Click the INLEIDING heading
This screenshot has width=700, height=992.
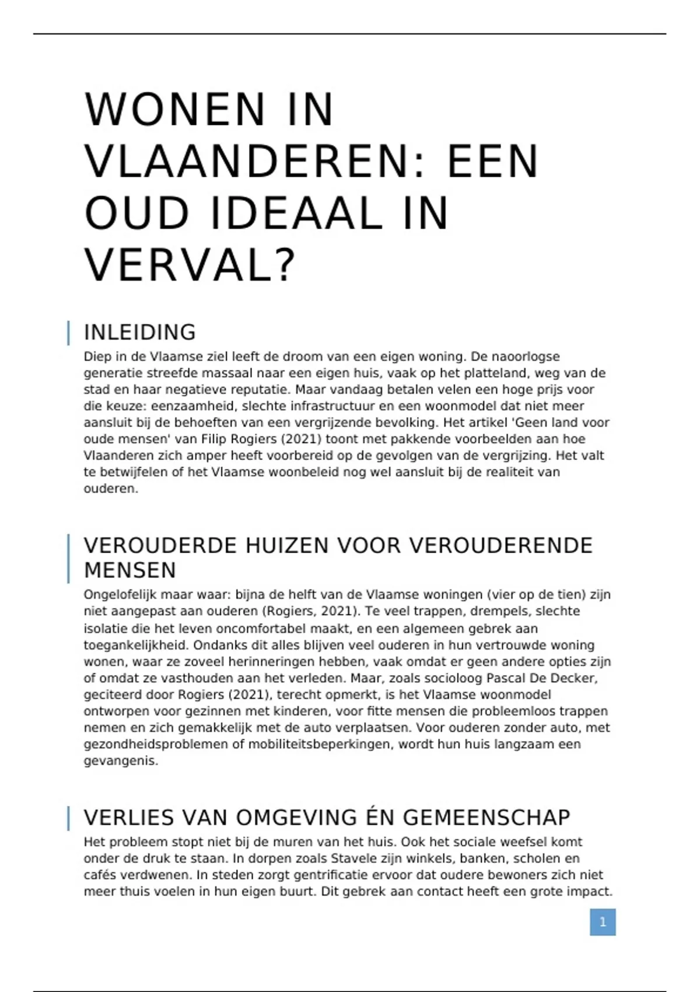[x=140, y=332]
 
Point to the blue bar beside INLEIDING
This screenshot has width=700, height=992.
[x=69, y=333]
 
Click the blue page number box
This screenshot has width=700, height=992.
[x=603, y=922]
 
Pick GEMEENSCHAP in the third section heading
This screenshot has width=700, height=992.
[x=487, y=818]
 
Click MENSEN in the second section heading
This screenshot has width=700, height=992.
[x=130, y=570]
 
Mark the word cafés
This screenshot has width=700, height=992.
[x=100, y=875]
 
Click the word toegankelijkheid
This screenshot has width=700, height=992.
[x=136, y=645]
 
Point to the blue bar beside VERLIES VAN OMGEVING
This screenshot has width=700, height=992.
[x=69, y=818]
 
